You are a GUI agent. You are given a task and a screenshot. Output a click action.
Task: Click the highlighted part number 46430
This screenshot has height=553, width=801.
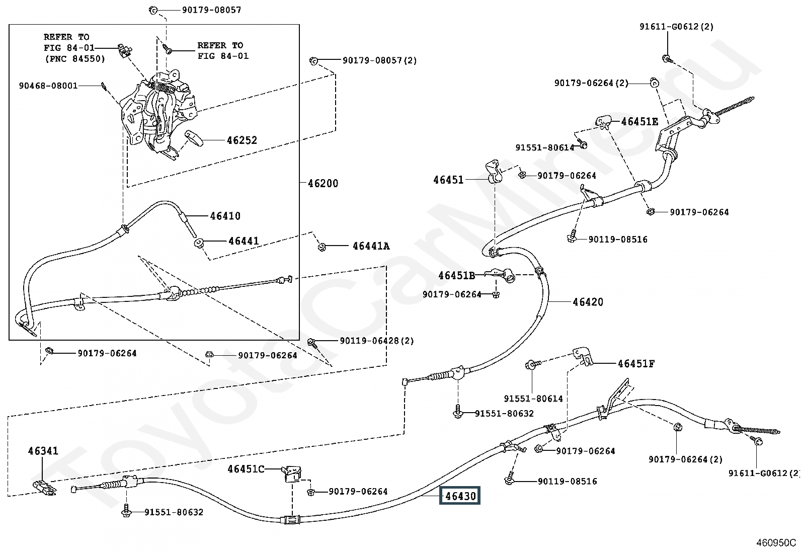460,496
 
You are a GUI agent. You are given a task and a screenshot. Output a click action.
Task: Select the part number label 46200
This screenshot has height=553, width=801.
323,183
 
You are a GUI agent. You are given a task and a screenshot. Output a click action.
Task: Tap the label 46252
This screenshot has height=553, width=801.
242,140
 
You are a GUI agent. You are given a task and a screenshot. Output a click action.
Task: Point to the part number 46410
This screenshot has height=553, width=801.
225,216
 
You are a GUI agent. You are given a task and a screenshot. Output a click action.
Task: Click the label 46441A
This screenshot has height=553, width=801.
371,246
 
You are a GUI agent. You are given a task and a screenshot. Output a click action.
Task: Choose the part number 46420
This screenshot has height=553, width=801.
588,302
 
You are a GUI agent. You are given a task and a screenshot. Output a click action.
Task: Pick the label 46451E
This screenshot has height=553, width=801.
639,122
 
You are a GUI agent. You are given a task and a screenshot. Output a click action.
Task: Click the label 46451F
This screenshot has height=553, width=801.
636,363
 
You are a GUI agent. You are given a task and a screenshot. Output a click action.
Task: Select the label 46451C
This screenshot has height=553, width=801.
246,469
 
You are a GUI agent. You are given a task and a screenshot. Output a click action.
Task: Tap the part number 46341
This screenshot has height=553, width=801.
43,451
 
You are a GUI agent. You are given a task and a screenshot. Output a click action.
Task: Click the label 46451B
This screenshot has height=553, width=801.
456,275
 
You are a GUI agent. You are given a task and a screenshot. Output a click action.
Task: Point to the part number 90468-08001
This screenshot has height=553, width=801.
48,86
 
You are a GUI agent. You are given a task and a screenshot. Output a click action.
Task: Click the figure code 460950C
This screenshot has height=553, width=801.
776,543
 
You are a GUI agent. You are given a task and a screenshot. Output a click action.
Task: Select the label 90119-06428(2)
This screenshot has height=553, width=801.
376,341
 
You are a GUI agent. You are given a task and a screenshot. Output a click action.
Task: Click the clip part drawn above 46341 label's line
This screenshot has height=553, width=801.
44,487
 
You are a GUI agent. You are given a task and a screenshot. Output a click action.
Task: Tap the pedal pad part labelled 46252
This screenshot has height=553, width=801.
194,137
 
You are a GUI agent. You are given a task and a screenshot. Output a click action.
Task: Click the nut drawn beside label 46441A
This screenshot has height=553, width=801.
322,247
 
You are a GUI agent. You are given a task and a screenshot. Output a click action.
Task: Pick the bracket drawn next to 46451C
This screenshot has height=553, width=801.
292,473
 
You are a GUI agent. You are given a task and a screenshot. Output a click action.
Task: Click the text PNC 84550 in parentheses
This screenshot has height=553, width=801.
74,59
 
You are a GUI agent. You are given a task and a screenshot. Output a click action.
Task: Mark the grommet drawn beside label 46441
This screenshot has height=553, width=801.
198,243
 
